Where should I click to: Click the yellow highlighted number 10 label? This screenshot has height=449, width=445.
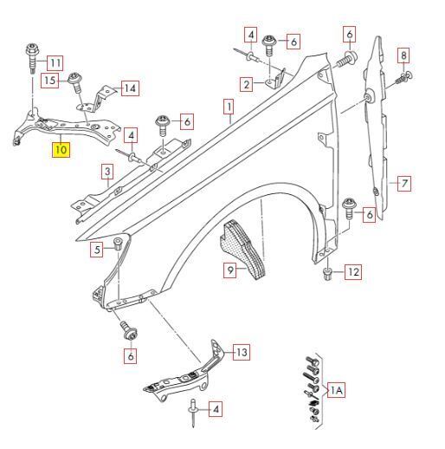(x=61, y=150)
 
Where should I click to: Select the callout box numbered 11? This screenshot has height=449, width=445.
(x=55, y=62)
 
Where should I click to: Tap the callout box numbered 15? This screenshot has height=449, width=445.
(x=49, y=80)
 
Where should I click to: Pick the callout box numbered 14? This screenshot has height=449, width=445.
(x=130, y=88)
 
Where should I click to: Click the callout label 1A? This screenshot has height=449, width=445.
(x=337, y=390)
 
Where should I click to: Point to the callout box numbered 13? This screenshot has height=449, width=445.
(x=242, y=352)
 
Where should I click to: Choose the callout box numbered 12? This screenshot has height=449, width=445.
(x=353, y=271)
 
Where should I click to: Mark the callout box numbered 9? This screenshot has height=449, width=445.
(x=230, y=270)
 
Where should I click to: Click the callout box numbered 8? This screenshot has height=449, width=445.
(x=403, y=55)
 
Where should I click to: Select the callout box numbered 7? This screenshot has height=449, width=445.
(x=404, y=183)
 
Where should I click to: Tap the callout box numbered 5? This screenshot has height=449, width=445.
(x=97, y=250)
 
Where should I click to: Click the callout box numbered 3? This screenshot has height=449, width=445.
(x=107, y=172)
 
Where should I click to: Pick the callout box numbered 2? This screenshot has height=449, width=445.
(x=247, y=85)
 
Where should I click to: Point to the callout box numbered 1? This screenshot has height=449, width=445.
(x=229, y=107)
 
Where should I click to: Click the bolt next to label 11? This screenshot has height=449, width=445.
(x=32, y=58)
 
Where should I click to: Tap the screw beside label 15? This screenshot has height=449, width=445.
(x=74, y=82)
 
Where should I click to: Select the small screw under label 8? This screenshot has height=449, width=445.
(x=404, y=77)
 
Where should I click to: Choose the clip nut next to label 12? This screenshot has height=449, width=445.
(x=327, y=274)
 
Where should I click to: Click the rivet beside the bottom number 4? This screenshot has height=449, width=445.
(x=193, y=413)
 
